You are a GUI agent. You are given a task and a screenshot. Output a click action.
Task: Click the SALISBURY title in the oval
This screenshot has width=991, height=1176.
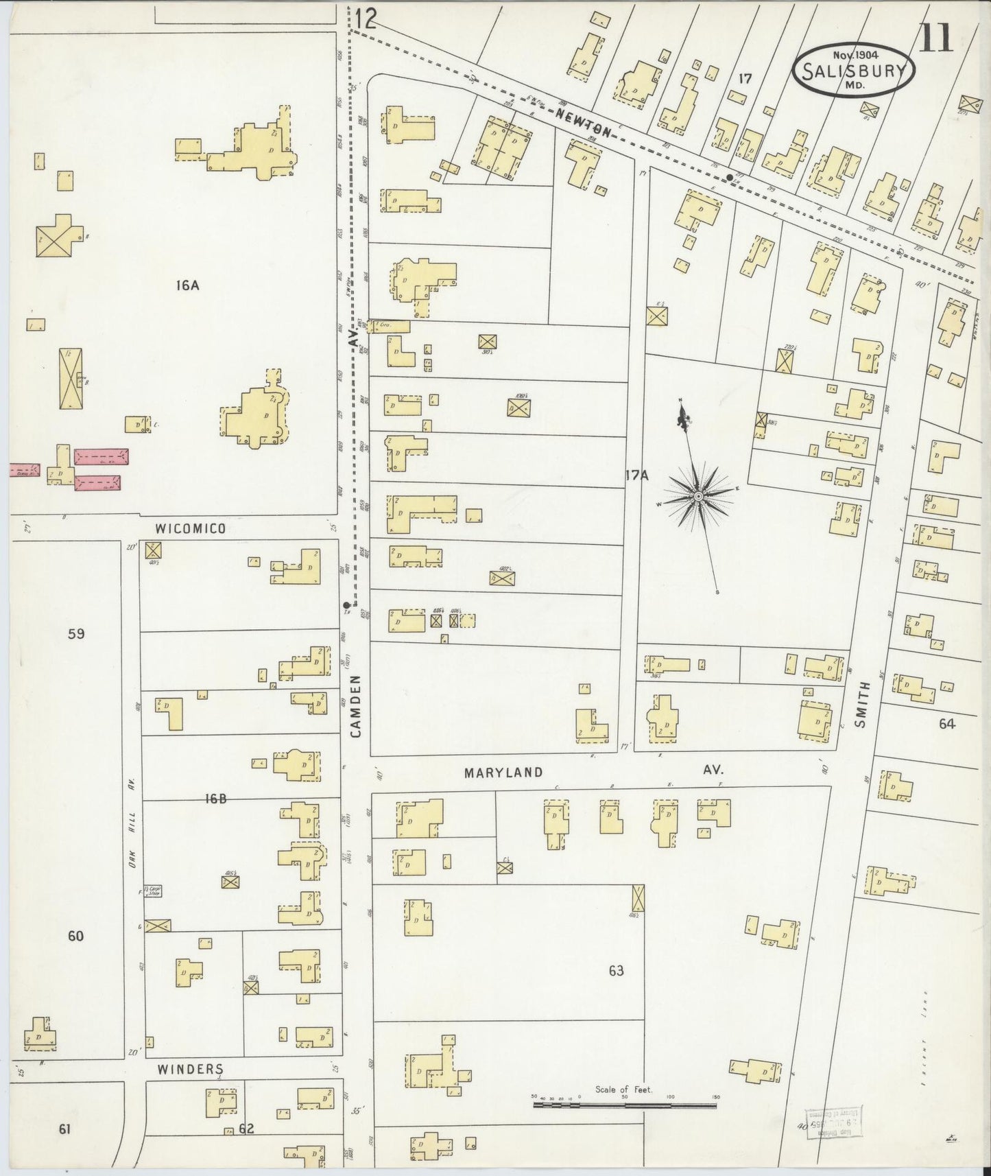[x=854, y=70]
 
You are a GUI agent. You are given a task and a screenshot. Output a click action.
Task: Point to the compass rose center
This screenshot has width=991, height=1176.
[x=697, y=495]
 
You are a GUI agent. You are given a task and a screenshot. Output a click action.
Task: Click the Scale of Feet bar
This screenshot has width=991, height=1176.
[x=624, y=1105]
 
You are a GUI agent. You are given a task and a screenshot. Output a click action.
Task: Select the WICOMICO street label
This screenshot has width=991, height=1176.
[x=190, y=528]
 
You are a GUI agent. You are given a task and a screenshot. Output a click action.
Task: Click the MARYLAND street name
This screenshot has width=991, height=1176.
[x=503, y=773]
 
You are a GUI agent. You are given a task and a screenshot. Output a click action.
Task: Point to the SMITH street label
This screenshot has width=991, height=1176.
[x=862, y=704]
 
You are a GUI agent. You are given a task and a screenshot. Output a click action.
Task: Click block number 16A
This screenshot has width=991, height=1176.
[x=187, y=285]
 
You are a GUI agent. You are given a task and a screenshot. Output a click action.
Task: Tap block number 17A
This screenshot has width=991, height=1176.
[x=636, y=474]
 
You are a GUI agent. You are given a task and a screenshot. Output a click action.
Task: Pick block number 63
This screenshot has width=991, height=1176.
[x=616, y=971]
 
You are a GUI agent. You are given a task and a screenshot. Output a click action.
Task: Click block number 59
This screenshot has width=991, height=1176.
[x=76, y=633]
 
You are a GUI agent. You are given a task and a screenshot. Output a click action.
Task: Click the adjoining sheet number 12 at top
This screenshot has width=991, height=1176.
[x=366, y=19]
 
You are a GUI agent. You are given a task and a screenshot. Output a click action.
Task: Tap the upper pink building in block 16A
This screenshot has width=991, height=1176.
[x=101, y=457]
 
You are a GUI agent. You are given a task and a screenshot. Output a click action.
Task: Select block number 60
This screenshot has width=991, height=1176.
[x=75, y=936]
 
